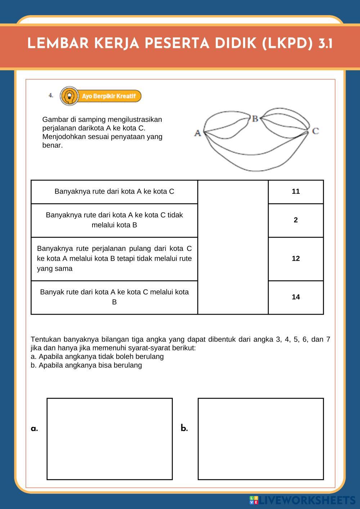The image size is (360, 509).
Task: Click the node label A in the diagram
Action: coord(197,133)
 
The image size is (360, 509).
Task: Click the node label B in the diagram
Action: coord(255,118)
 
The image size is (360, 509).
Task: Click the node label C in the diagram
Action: coord(315,131)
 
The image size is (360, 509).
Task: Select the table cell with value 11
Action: coord(296,192)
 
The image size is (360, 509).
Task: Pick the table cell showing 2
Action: coord(296,220)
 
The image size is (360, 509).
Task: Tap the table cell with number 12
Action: coord(296,258)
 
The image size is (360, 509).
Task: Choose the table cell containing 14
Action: coord(296,297)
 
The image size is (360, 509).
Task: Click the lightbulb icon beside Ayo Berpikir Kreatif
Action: coord(69,96)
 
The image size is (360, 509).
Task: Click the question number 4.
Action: coord(51,95)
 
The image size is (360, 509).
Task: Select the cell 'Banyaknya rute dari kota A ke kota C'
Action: coord(114,192)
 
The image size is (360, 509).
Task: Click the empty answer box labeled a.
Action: coord(109,438)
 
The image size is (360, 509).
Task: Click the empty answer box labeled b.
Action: coord(261,438)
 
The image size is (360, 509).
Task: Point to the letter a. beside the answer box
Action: coord(35,428)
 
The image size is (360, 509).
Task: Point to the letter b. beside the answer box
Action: coord(184,428)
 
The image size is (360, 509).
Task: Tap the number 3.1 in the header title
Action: coord(325,44)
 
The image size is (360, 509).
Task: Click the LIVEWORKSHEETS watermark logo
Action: coord(302,500)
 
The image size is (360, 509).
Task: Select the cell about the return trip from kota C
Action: coord(114,258)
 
